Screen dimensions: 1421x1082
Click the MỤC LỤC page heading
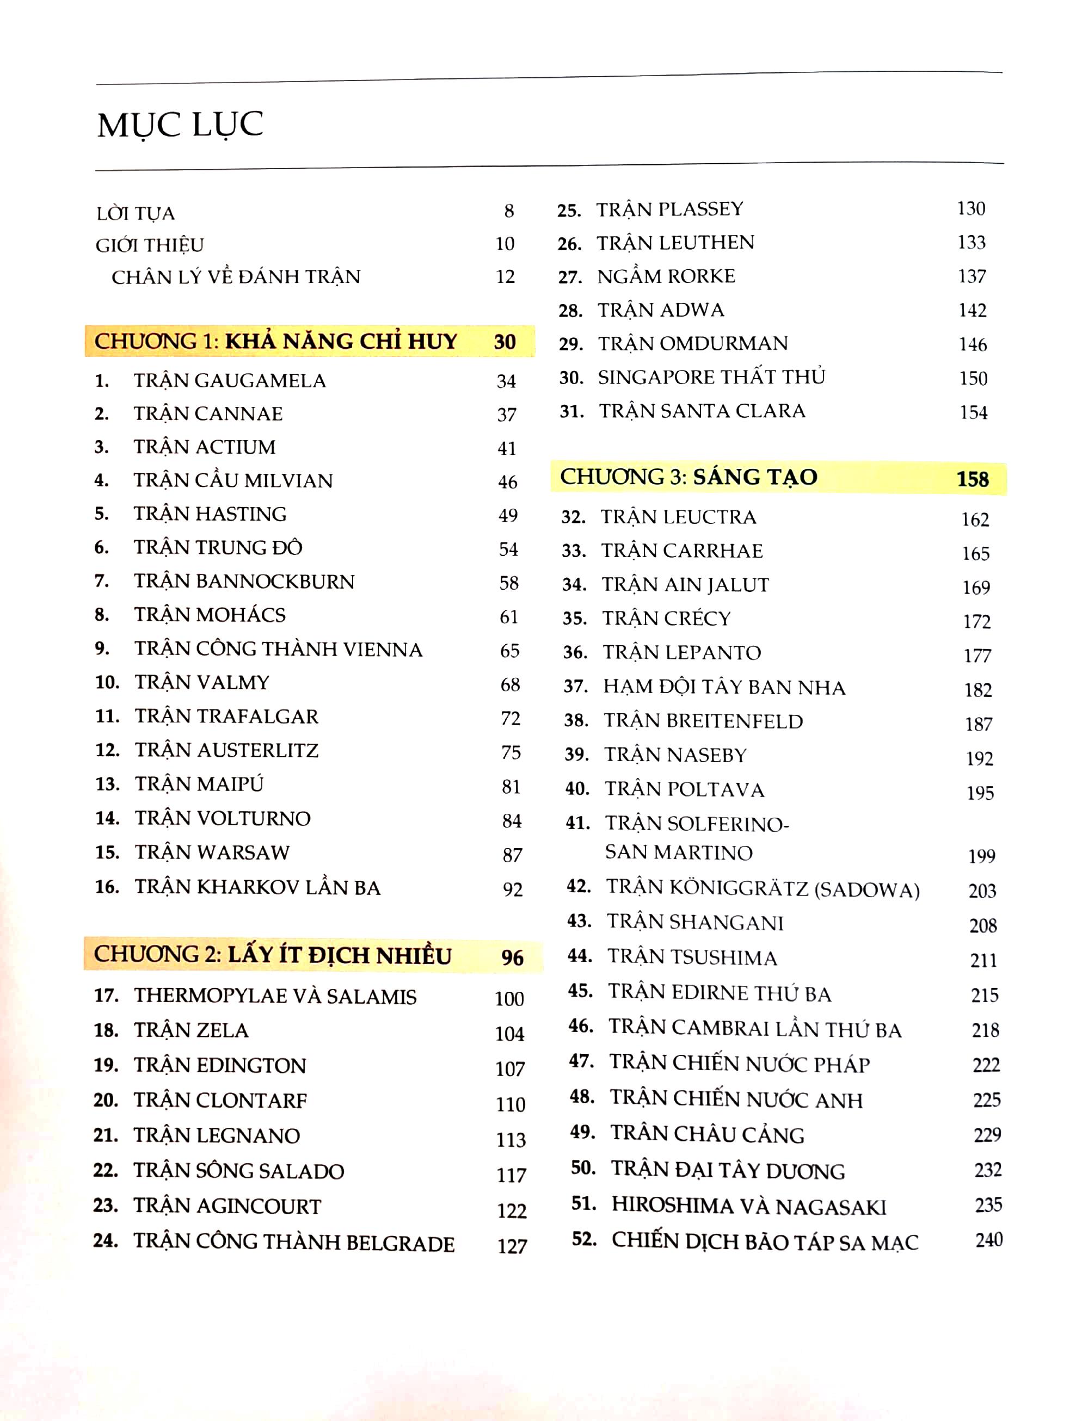[180, 126]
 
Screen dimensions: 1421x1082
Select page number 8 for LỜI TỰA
[509, 211]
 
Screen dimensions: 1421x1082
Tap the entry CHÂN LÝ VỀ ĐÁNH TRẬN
[236, 277]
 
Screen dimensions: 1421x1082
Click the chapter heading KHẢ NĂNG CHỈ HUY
[341, 341]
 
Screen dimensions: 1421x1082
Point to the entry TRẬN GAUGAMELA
[229, 380]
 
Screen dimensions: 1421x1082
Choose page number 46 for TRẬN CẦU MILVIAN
[507, 481]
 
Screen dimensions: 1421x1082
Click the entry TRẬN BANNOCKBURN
[244, 582]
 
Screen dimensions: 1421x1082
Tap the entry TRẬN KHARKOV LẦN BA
[257, 887]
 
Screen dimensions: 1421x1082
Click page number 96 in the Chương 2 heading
[512, 957]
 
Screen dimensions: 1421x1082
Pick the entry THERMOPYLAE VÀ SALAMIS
[275, 996]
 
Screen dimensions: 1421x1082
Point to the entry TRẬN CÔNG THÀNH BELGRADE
[294, 1243]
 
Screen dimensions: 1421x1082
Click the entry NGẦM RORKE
[666, 276]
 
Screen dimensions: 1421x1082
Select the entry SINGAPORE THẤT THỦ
[711, 378]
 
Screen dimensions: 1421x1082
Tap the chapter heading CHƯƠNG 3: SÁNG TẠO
[688, 477]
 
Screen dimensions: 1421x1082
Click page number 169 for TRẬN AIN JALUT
[976, 587]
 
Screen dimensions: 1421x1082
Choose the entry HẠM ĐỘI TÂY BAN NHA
[724, 687]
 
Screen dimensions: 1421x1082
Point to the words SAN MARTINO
[678, 852]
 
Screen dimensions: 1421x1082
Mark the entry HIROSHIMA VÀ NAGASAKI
[748, 1206]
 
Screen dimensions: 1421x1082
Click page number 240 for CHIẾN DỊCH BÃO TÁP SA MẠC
[988, 1239]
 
